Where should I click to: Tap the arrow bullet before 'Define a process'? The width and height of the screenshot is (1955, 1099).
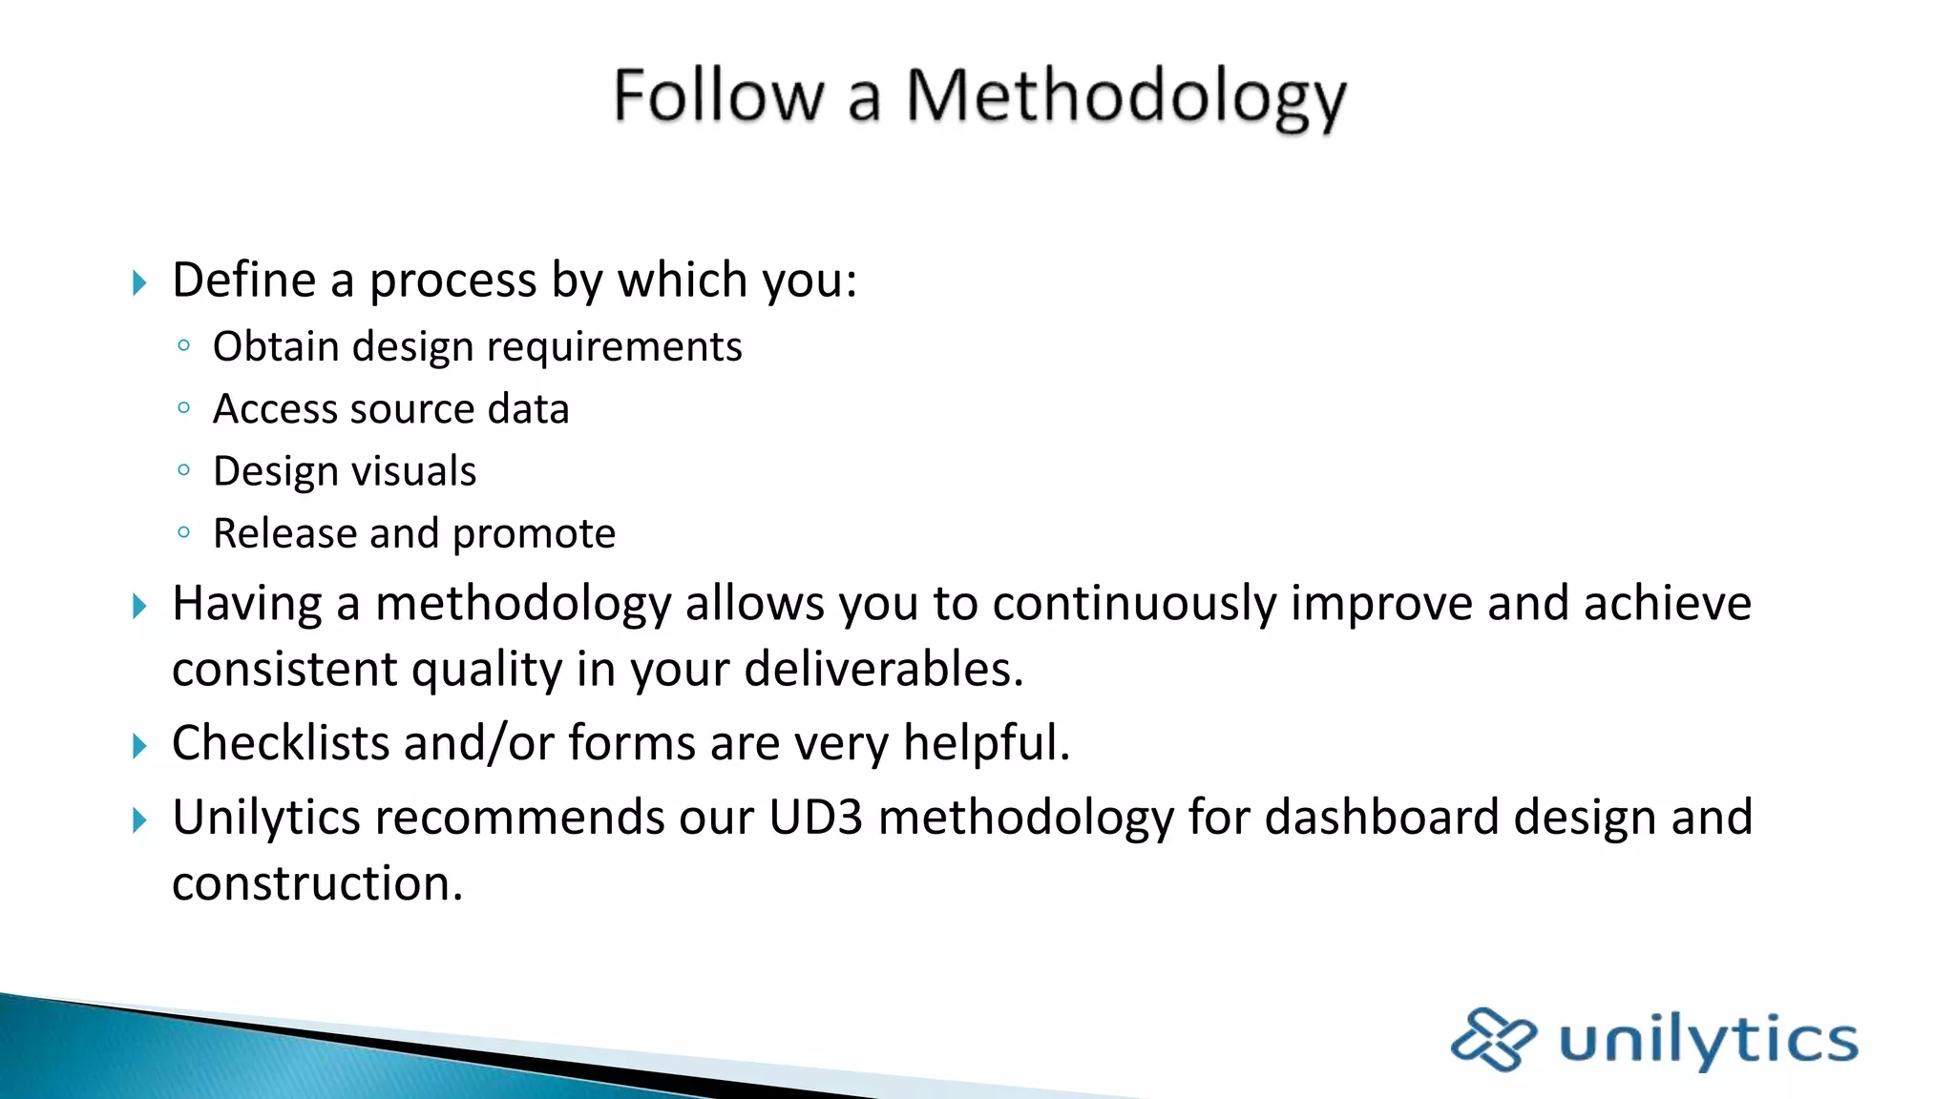tap(139, 282)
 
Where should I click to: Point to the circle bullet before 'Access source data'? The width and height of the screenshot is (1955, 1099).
tap(184, 408)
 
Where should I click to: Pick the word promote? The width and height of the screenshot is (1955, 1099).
tap(534, 534)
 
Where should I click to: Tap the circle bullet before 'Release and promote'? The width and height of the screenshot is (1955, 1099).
tap(184, 532)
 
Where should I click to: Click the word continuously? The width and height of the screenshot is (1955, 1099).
tap(1134, 605)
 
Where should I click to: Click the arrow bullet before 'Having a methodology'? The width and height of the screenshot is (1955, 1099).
tap(139, 606)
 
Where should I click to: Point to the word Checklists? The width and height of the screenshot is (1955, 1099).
tap(281, 743)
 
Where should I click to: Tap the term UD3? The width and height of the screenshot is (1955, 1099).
tap(815, 818)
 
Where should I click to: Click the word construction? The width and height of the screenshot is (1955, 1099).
tap(317, 883)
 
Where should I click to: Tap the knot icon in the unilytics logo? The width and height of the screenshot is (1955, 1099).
tap(1493, 1039)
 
